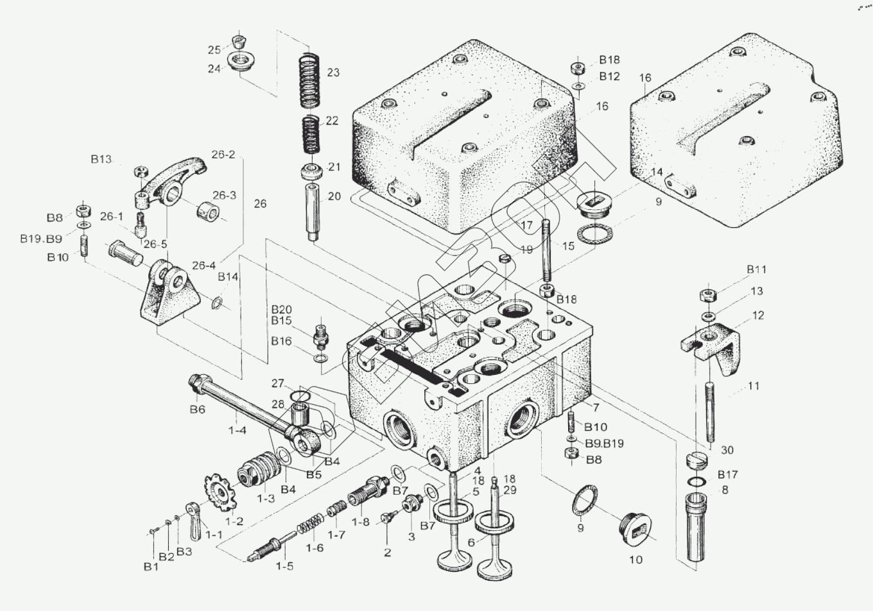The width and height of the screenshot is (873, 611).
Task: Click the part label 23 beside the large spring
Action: (333, 73)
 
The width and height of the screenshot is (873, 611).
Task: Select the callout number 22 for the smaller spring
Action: (332, 121)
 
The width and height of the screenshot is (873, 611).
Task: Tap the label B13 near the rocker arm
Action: (101, 159)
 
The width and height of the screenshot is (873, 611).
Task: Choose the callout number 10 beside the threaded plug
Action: (635, 560)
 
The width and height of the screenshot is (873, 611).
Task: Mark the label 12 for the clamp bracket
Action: (758, 315)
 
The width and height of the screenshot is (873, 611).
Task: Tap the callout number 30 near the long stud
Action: (727, 450)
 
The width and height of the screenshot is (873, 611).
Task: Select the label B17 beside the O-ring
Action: (727, 474)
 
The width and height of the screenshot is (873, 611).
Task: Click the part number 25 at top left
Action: (214, 50)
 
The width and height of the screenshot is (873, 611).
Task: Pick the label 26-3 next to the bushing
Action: (224, 196)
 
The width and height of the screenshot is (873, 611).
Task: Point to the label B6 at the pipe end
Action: (197, 409)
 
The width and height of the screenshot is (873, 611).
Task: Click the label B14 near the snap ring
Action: (228, 277)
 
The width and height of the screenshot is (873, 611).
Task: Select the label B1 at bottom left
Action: (151, 567)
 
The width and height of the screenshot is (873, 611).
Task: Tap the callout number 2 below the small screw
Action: (387, 552)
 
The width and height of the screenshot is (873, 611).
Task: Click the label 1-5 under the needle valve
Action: (284, 566)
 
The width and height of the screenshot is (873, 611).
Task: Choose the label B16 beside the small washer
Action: (281, 341)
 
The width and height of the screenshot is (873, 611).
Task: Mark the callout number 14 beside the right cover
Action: (656, 172)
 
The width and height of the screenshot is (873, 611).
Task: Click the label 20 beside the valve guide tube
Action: (334, 196)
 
